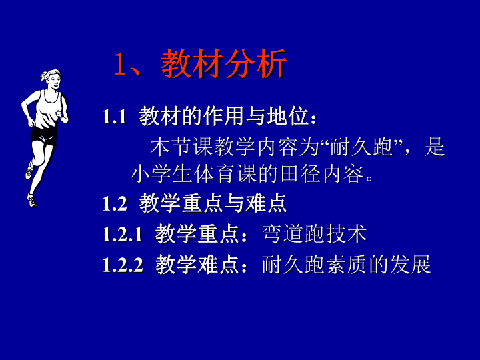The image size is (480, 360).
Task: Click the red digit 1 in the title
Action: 120,64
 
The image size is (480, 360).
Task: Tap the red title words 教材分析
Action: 224,63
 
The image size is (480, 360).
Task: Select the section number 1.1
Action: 114,116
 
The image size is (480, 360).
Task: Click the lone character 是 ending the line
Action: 435,147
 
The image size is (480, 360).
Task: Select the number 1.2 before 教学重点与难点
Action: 115,203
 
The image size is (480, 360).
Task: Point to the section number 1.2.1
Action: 123,234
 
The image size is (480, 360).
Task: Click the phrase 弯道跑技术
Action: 315,234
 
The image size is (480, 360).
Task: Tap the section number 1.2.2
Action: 123,265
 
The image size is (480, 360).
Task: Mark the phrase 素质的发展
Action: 379,264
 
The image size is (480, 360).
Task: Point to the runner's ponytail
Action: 43,75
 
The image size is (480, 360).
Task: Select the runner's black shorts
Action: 44,136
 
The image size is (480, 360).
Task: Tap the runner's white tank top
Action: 48,109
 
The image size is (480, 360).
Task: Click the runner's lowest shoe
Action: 32,201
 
